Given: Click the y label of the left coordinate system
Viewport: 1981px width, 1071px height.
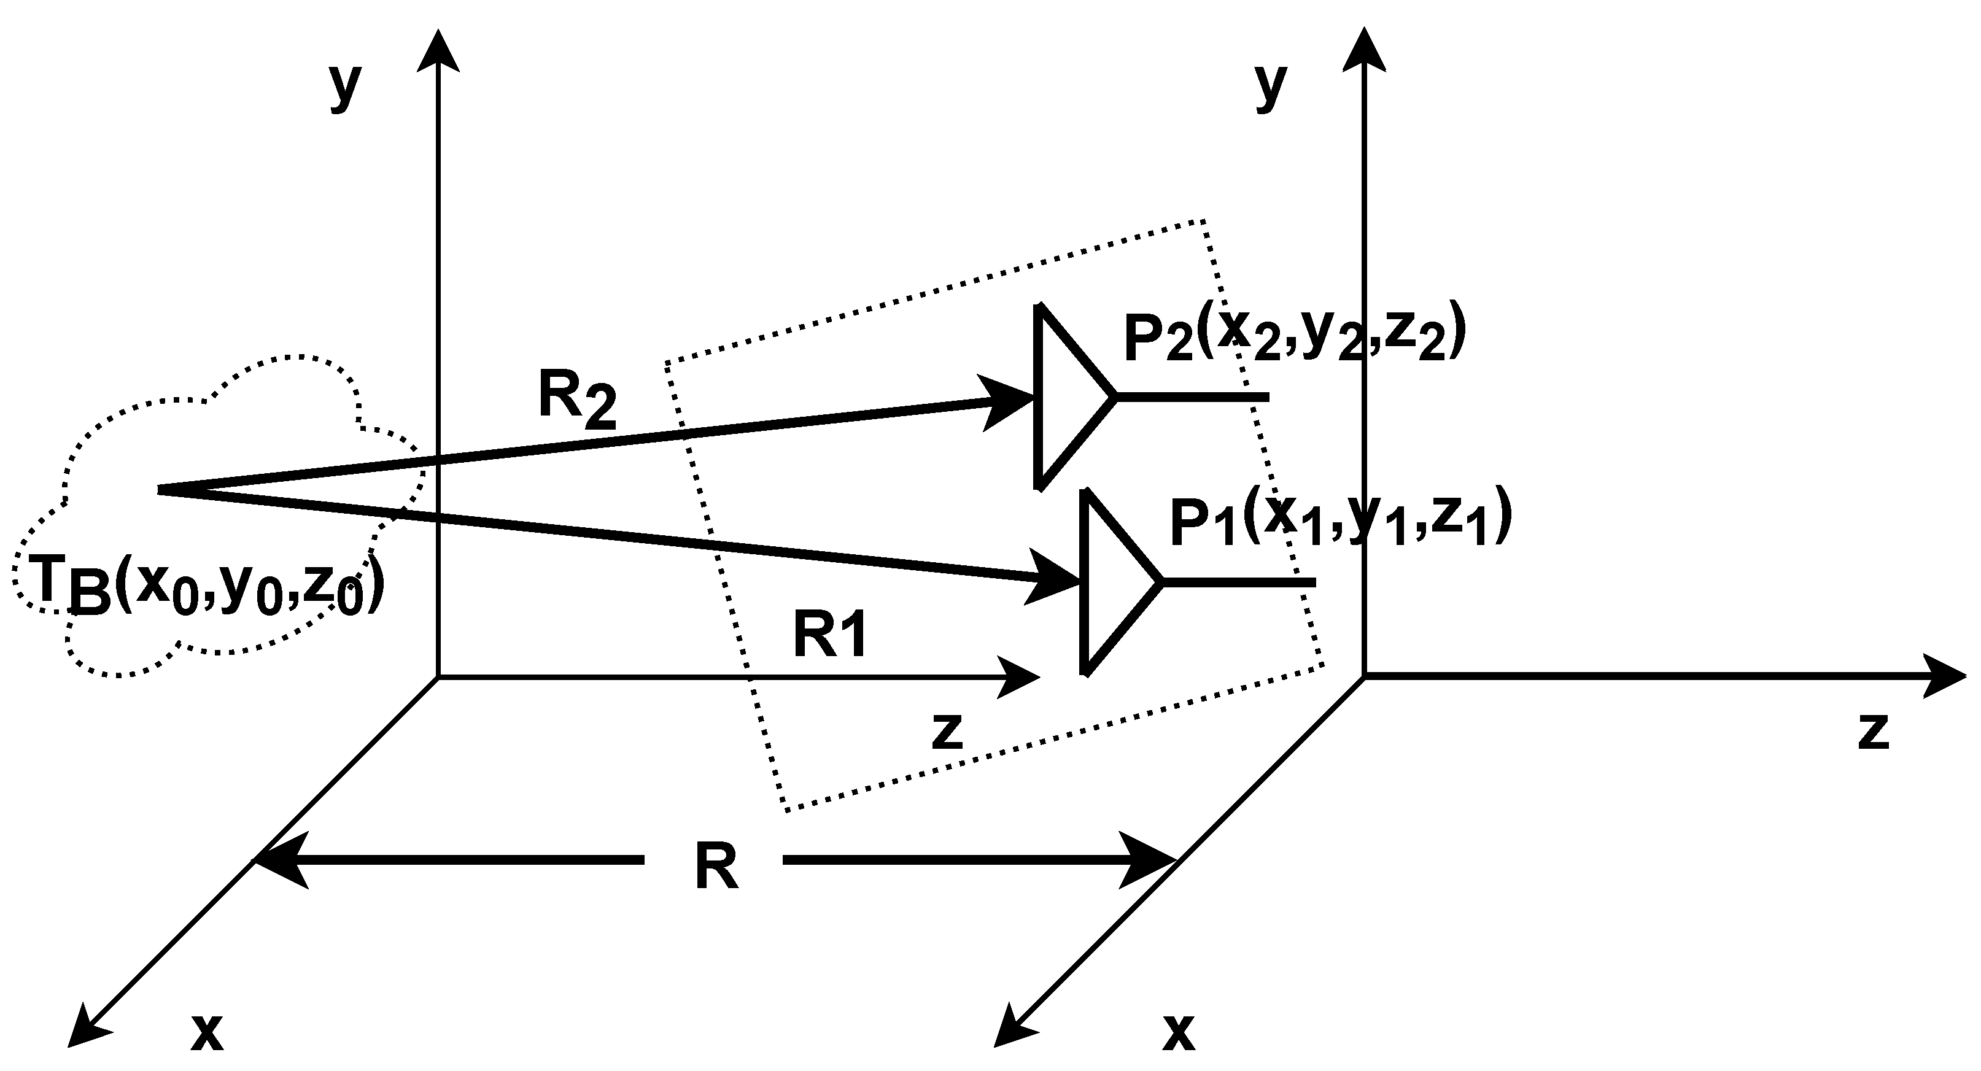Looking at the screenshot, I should click(x=344, y=87).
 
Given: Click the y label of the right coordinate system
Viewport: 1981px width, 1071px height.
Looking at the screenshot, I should click(x=1270, y=87).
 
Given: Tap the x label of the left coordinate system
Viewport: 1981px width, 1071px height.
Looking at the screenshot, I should click(x=207, y=1032).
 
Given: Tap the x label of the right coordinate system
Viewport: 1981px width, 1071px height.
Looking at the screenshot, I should click(x=1178, y=1032).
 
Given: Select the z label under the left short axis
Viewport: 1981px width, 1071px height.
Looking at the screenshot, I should click(x=947, y=732).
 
